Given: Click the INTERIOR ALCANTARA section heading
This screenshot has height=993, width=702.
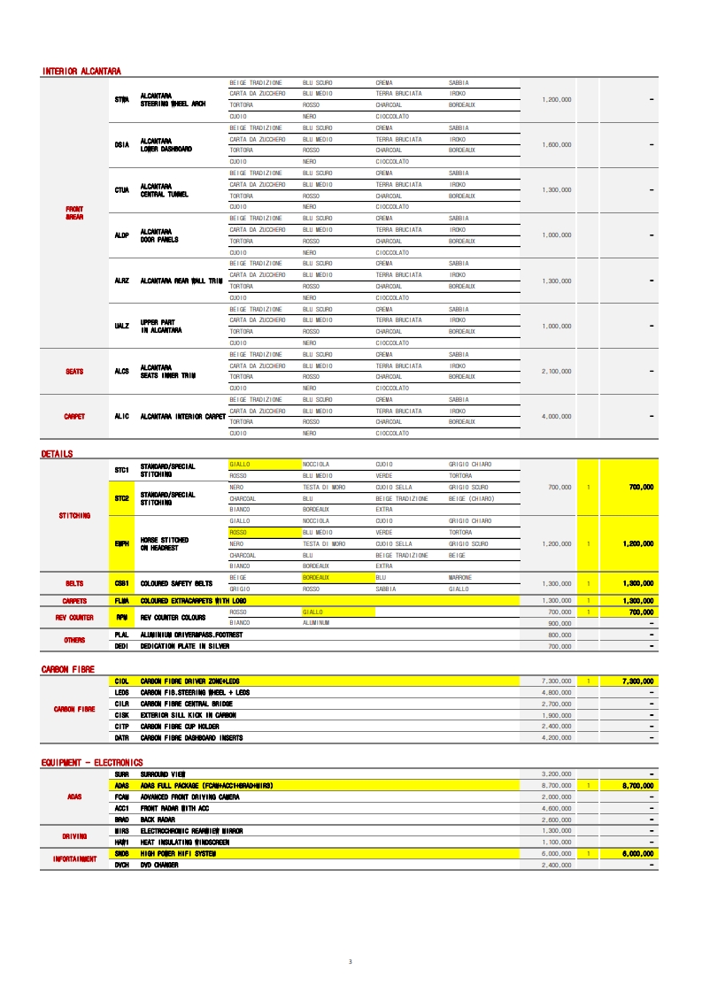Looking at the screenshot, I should click(x=81, y=71).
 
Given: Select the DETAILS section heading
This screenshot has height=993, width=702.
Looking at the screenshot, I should click(x=57, y=454).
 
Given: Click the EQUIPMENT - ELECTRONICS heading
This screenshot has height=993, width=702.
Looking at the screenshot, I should click(x=92, y=762).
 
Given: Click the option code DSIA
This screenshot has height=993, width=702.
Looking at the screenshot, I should click(x=122, y=144).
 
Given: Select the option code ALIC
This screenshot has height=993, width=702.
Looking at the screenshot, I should click(x=122, y=416).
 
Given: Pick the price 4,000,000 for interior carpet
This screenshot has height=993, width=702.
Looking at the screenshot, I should click(x=556, y=416).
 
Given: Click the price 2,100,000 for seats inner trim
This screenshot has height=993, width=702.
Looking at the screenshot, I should click(x=556, y=371).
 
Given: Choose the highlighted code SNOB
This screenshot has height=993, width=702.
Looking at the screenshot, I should click(x=122, y=853).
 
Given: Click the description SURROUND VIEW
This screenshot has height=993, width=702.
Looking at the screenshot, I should click(x=163, y=774).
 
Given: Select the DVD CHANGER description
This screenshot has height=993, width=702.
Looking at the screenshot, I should click(x=159, y=865).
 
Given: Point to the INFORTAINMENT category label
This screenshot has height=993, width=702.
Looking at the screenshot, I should click(x=74, y=858).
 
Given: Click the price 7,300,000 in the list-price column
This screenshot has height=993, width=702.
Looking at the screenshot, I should click(x=556, y=681).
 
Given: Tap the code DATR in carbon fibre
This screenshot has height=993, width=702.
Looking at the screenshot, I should click(x=122, y=737).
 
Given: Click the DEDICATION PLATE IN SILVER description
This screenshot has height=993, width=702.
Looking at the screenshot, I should click(x=184, y=646).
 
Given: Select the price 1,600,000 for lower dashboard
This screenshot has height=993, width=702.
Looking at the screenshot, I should click(x=556, y=144).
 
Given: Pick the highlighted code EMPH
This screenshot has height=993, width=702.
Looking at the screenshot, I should click(x=122, y=543).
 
